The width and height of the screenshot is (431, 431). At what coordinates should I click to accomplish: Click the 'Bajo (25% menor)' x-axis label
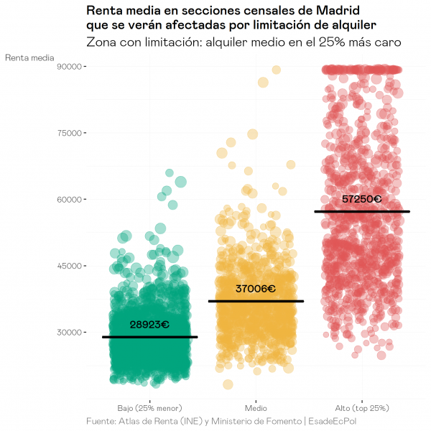(149, 407)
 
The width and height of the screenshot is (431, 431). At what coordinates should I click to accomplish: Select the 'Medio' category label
(256, 407)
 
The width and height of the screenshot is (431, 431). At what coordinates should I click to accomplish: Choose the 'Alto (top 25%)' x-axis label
(362, 407)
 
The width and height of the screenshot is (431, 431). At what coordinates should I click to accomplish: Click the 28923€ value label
(149, 325)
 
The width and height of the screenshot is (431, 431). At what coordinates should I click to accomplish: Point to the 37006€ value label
(256, 289)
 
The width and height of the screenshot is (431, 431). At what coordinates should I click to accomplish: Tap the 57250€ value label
(361, 199)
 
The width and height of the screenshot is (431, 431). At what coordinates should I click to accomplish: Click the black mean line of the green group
(149, 337)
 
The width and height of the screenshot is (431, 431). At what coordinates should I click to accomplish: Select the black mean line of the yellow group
(256, 301)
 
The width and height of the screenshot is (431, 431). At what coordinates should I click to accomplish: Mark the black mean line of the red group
(362, 211)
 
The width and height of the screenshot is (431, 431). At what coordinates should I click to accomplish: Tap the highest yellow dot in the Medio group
(276, 70)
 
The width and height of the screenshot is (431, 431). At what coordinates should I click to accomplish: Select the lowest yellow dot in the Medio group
(228, 384)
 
